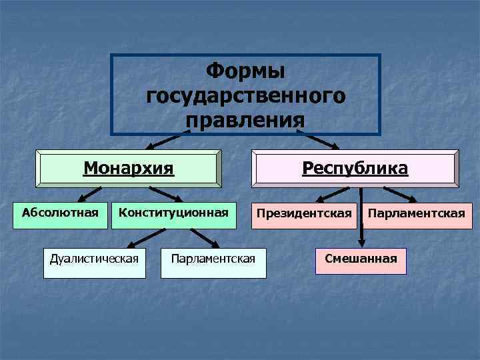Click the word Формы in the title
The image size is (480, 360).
click(x=245, y=70)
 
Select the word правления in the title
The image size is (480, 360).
click(x=245, y=121)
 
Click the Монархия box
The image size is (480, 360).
click(x=129, y=168)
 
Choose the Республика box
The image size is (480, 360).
click(x=355, y=168)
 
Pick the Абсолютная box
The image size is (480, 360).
click(x=61, y=214)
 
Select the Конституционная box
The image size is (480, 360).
click(x=173, y=214)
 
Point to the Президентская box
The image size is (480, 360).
click(x=304, y=214)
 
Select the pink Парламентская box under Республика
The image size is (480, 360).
click(x=417, y=214)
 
